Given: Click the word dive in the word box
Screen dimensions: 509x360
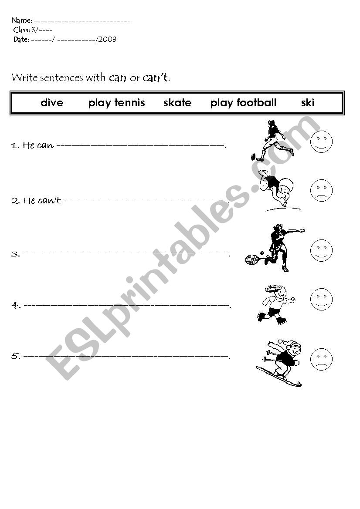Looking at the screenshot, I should [52, 103].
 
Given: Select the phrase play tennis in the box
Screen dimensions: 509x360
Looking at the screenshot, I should [116, 103].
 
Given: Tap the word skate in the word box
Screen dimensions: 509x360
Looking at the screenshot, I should [177, 103].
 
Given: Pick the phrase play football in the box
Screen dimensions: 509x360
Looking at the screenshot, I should [243, 103].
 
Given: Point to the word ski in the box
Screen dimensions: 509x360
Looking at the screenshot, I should [308, 103].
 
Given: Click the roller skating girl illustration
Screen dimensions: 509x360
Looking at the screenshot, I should [276, 303].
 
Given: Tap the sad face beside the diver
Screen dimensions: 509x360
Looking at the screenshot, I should [321, 190].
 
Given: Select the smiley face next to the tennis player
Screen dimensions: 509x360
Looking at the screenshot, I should [321, 250].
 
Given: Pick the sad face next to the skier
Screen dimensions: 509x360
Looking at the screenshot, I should [321, 359].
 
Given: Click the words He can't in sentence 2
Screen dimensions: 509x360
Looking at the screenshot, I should [42, 201].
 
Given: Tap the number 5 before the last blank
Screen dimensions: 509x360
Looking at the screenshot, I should [15, 356].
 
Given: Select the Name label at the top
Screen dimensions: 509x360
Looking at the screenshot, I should [21, 20].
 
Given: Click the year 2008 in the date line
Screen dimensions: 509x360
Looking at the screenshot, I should [107, 40].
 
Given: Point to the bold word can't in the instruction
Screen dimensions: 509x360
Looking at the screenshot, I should [155, 78].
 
